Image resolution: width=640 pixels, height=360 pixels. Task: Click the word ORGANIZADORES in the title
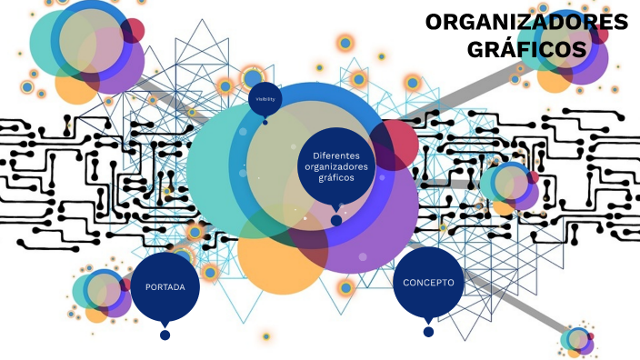pos(526,22)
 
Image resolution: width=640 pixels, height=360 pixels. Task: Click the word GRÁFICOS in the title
pos(526,48)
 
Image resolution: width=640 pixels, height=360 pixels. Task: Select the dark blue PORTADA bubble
pos(165,286)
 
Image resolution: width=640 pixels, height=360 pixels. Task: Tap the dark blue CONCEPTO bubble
pos(428,283)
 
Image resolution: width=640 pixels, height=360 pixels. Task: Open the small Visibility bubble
pos(265,98)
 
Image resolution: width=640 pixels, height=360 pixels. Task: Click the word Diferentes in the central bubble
pos(336,155)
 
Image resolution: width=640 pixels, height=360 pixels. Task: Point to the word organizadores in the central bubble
pos(336,166)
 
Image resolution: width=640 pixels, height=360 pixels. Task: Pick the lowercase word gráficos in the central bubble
pos(336,177)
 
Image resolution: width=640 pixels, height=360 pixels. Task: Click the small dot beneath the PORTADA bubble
pos(165,335)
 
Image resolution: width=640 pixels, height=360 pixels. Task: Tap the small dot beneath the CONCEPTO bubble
pos(428,332)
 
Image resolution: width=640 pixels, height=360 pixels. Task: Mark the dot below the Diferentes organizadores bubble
pos(336,220)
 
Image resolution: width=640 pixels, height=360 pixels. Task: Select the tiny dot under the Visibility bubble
pos(265,121)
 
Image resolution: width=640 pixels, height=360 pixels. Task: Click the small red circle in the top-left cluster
pos(134,30)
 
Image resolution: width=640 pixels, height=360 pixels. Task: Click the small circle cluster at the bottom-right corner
pos(577,341)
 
